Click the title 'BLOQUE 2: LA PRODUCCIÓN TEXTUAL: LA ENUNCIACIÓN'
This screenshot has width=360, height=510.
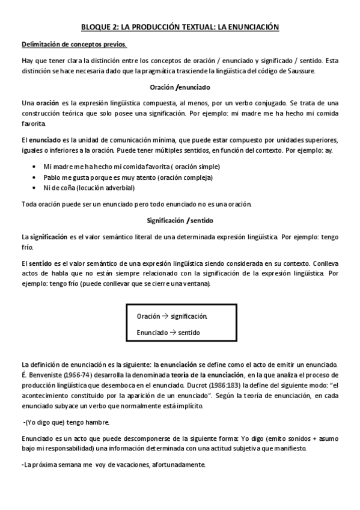(x=180, y=27)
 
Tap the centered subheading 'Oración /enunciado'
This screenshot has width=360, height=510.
(x=180, y=87)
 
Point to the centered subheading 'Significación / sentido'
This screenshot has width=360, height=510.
(x=180, y=220)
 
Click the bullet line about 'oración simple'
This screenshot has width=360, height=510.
(x=132, y=167)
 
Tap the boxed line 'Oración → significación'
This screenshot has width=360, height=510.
(x=172, y=316)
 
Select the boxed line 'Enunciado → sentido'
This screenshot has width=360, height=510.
(x=168, y=333)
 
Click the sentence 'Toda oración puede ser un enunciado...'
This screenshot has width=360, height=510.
(x=136, y=204)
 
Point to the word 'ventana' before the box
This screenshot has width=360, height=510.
(x=197, y=283)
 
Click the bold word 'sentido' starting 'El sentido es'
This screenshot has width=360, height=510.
(x=40, y=263)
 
